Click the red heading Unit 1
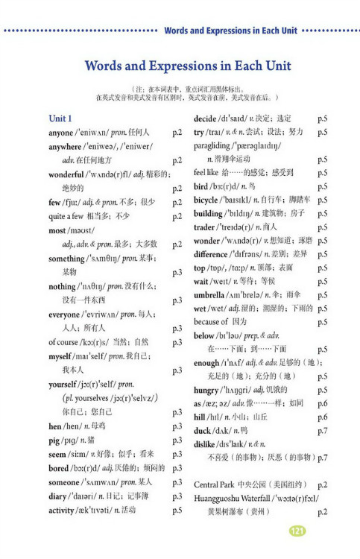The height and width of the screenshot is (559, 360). click(60, 119)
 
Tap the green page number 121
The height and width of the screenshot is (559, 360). click(297, 531)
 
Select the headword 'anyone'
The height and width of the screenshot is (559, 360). click(61, 132)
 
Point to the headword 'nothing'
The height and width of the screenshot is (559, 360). click(61, 286)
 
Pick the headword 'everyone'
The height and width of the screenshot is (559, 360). click(65, 315)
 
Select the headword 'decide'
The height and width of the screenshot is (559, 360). click(205, 119)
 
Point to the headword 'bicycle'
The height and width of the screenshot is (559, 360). click(206, 200)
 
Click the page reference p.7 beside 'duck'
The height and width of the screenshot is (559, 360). click(322, 431)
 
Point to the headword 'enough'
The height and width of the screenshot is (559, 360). click(207, 362)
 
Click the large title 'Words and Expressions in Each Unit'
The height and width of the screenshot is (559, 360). click(180, 65)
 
